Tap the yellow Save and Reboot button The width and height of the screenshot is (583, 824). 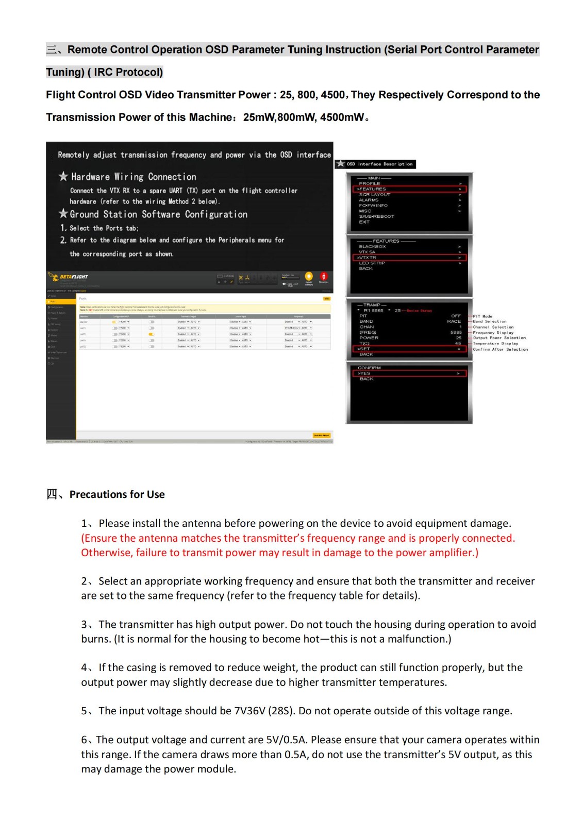(321, 435)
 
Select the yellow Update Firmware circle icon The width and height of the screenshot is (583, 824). (309, 277)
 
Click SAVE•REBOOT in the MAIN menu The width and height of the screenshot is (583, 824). (376, 216)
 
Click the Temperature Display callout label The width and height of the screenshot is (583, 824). (495, 344)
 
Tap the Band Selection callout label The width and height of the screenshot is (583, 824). (490, 321)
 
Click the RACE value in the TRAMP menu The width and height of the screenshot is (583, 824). (454, 321)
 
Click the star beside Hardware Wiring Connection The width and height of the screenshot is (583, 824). (63, 177)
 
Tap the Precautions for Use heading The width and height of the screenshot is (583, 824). (117, 494)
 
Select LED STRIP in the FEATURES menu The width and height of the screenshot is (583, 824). (372, 263)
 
